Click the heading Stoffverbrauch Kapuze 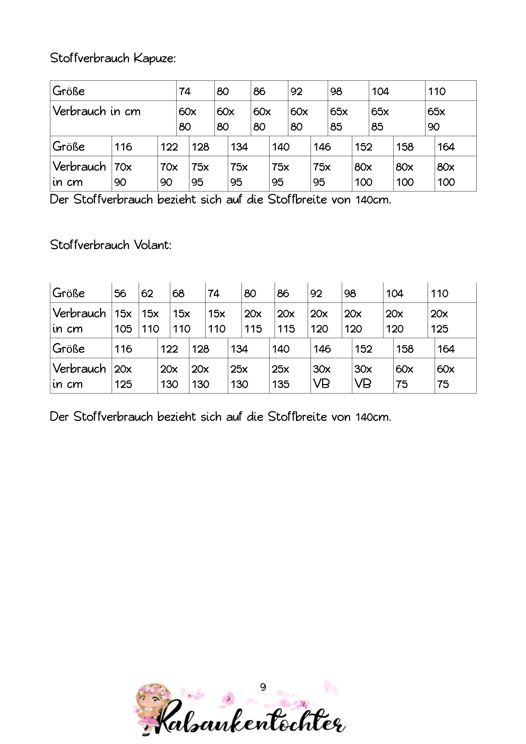(x=113, y=59)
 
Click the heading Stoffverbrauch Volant (x=110, y=245)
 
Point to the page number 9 (x=263, y=687)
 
